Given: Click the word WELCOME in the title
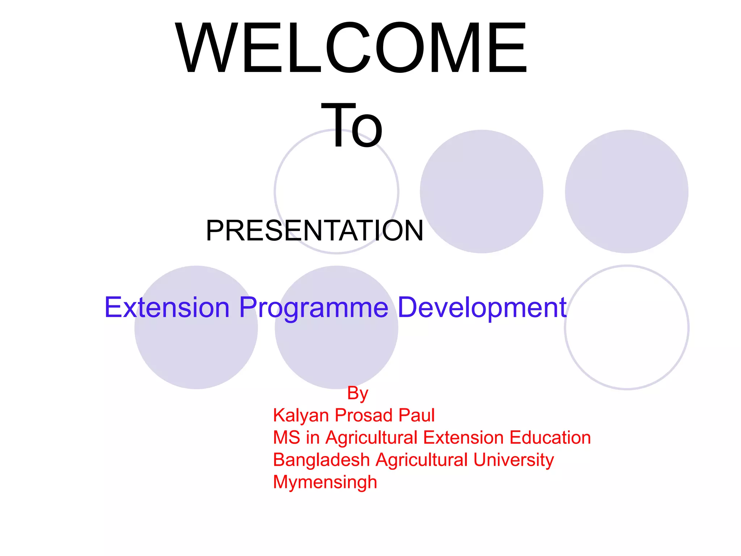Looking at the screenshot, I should (x=351, y=49).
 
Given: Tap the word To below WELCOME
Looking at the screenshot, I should (x=352, y=126).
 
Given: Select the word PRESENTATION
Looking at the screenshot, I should (x=314, y=231).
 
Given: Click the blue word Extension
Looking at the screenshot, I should (x=167, y=307).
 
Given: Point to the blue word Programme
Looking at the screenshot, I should (x=314, y=307).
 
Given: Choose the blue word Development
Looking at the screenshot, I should (x=482, y=307).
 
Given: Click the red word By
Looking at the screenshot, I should (x=357, y=393).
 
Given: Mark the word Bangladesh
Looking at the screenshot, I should (x=321, y=460).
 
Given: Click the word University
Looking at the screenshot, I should (x=513, y=460).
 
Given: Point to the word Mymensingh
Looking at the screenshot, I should (x=325, y=483).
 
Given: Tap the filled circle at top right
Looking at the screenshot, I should (x=626, y=191).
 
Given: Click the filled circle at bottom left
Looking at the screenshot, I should (x=196, y=347).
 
